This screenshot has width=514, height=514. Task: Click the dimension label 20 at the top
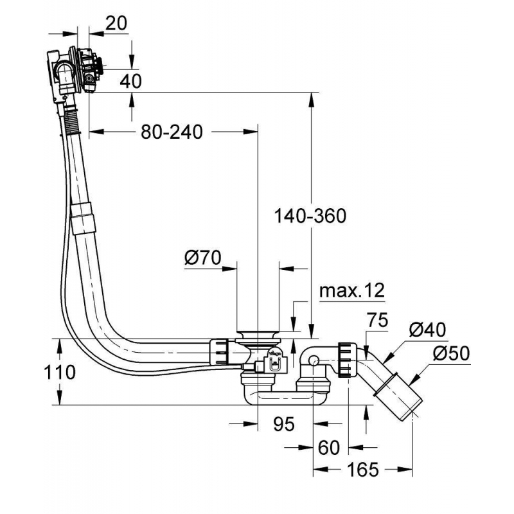tap(116, 23)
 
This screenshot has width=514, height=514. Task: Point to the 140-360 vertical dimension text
tap(310, 216)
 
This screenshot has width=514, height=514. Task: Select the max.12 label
tap(351, 290)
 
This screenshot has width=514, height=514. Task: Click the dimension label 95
tap(283, 424)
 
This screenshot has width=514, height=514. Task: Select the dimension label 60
tap(328, 447)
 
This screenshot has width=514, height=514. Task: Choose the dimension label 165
tap(364, 470)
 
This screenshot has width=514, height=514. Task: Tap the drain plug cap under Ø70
tap(258, 335)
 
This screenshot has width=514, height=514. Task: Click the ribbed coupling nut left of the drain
tap(219, 353)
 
